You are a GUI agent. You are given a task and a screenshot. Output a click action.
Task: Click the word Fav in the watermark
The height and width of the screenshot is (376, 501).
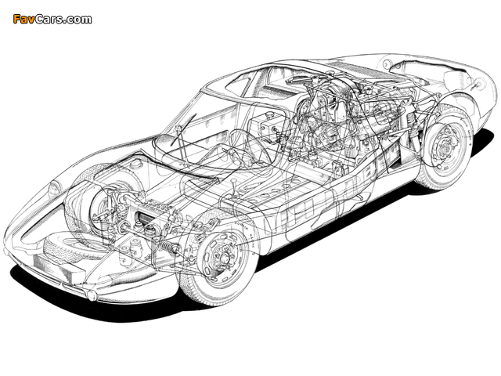pyautogui.click(x=23, y=20)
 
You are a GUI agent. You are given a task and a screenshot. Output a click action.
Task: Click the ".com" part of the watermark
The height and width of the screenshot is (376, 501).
pyautogui.click(x=79, y=20)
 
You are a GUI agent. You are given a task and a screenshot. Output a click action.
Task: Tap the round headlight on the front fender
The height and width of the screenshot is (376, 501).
pyautogui.click(x=54, y=190)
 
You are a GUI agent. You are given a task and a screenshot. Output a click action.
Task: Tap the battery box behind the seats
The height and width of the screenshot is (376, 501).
pyautogui.click(x=266, y=127)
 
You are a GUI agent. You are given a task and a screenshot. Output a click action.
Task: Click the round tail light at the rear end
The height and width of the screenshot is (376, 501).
pyautogui.click(x=480, y=84)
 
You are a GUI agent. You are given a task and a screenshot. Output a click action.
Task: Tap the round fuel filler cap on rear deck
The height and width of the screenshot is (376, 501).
pyautogui.click(x=386, y=64)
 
